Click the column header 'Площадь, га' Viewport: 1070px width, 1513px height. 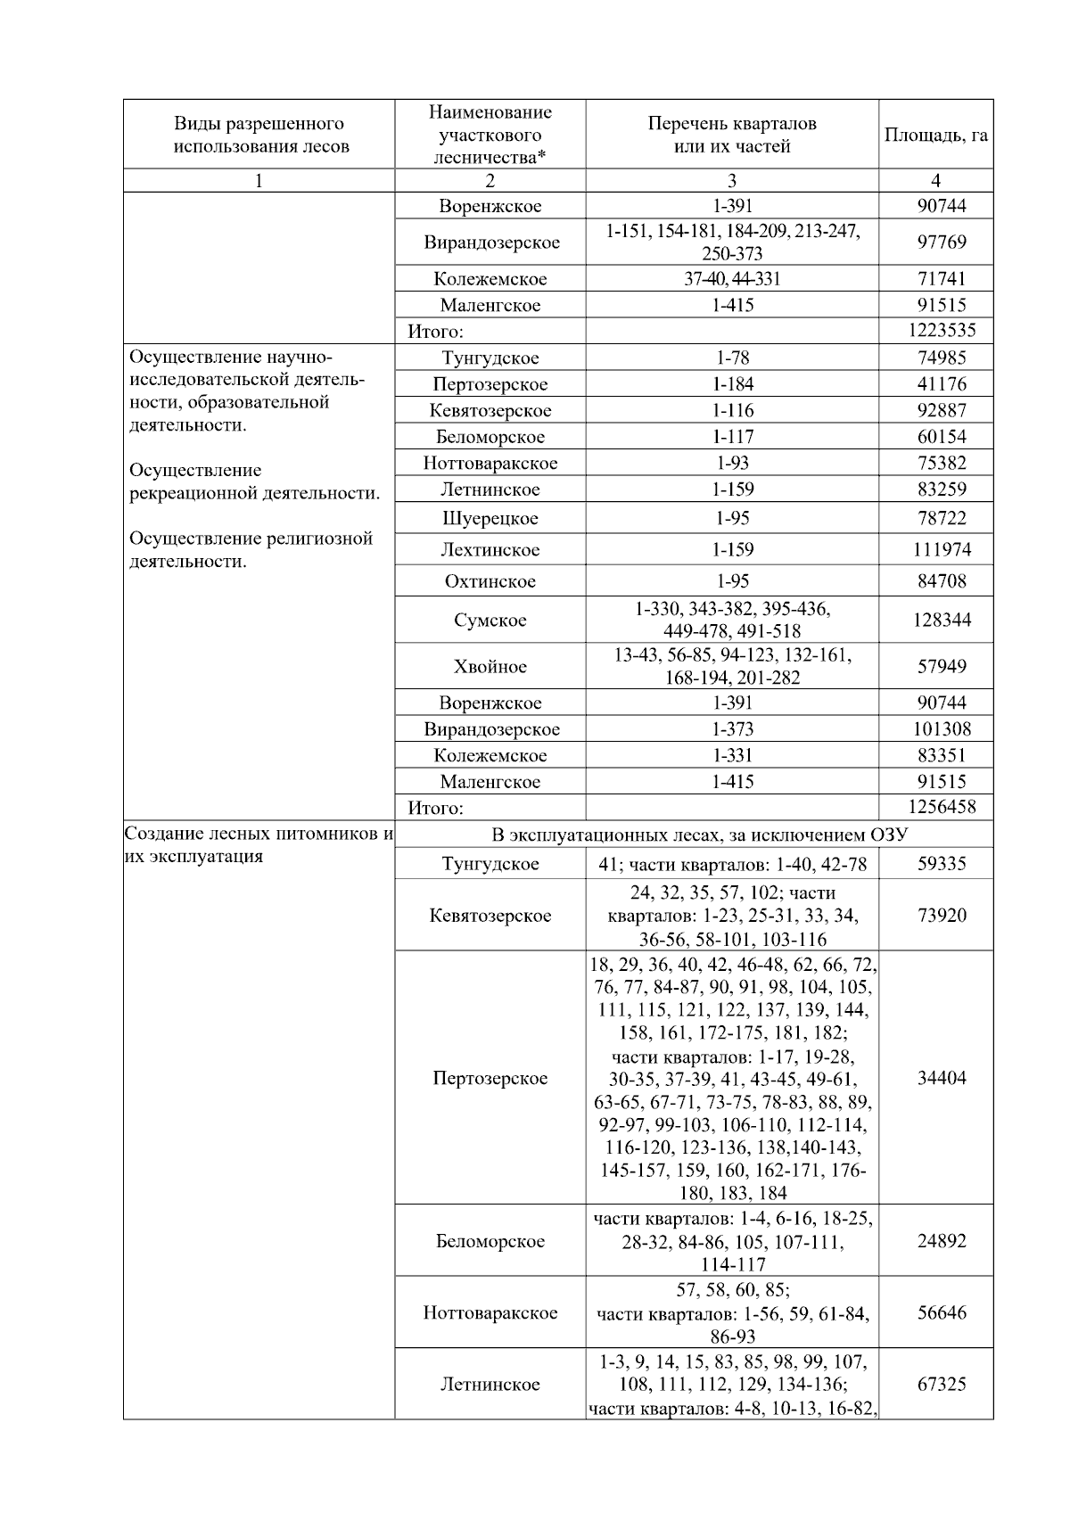tap(935, 136)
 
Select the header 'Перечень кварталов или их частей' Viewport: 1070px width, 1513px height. tap(731, 135)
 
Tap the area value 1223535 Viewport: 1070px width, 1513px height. tap(942, 331)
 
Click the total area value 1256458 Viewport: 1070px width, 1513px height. tap(942, 808)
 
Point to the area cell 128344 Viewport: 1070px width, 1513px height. tap(942, 620)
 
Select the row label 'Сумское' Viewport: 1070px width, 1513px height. tap(490, 621)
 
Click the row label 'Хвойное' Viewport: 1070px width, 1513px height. tap(490, 667)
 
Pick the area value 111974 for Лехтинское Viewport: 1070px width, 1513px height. tap(942, 550)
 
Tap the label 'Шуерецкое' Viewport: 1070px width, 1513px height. tap(490, 519)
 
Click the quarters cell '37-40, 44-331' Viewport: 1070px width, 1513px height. tap(732, 279)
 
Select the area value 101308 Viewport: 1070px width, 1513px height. tap(942, 729)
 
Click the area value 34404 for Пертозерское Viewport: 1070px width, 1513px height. tap(942, 1078)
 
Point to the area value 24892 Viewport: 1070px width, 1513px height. tap(942, 1241)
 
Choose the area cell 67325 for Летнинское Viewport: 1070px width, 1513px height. tap(942, 1385)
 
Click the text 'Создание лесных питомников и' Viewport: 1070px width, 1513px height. tap(259, 835)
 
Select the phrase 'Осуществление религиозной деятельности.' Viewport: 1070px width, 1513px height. tap(251, 550)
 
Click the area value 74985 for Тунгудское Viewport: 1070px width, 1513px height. tap(942, 358)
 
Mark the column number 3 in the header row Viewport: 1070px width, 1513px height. tap(731, 181)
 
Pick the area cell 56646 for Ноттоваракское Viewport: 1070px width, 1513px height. tap(942, 1312)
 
